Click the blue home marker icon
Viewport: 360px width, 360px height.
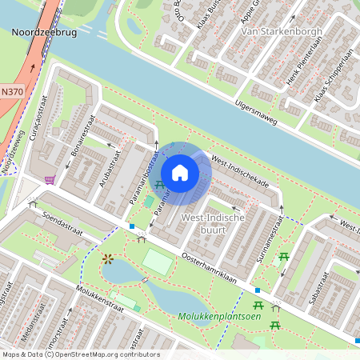[180, 172]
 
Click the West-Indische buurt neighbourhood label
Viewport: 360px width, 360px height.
[204, 223]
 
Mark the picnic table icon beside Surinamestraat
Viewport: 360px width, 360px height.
[282, 257]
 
